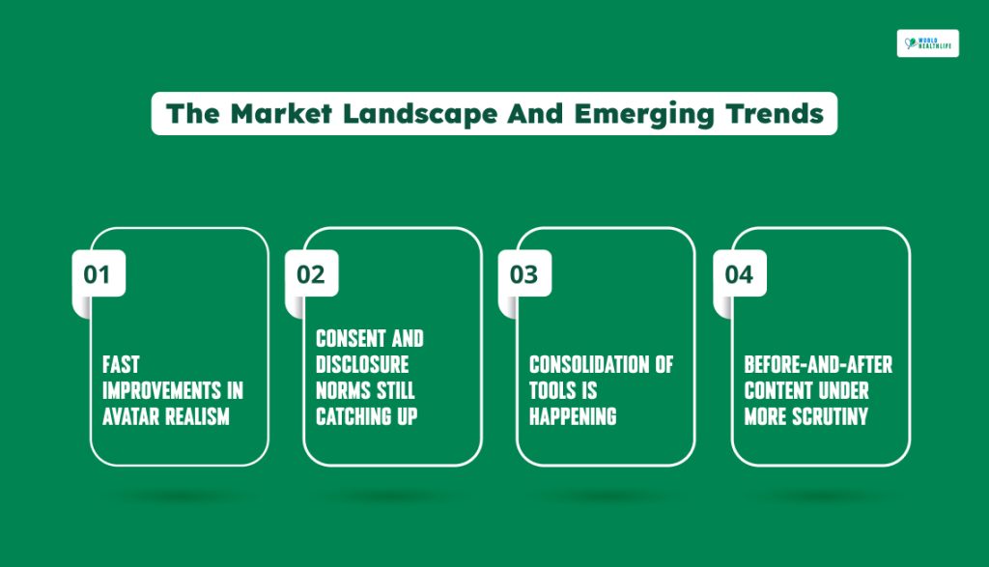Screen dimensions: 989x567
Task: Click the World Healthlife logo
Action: (x=928, y=43)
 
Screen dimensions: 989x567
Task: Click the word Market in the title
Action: (x=281, y=114)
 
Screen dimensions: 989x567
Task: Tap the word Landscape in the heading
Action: (x=420, y=115)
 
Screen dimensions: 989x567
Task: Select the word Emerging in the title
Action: (x=644, y=115)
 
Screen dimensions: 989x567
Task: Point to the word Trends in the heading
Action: (x=775, y=114)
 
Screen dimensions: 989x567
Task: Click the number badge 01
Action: (x=99, y=273)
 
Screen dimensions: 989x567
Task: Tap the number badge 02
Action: (x=312, y=273)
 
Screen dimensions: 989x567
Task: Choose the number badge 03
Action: (x=524, y=273)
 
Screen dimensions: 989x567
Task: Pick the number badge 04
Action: (x=740, y=273)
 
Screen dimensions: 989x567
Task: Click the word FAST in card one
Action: (x=121, y=364)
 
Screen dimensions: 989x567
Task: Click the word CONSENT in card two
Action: (x=351, y=339)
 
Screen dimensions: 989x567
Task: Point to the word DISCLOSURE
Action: (x=363, y=364)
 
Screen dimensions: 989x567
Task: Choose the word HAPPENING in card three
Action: (x=573, y=417)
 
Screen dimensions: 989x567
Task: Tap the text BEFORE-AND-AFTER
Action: (x=818, y=364)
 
